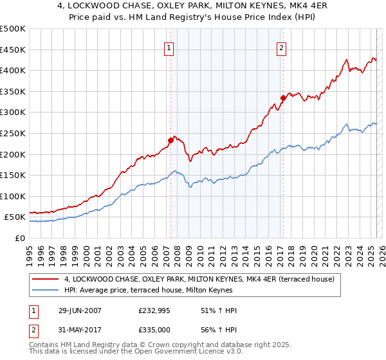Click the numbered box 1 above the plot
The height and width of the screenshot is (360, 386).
[169, 47]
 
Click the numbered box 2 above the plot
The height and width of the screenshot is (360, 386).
[282, 47]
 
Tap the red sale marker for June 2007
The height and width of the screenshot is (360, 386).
[171, 139]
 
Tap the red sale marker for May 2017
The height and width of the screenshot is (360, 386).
[283, 98]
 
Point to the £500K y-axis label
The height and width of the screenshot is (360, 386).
[13, 29]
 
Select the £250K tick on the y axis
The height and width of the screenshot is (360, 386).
[13, 133]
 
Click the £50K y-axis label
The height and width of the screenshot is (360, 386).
[15, 217]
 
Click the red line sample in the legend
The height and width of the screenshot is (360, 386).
[46, 280]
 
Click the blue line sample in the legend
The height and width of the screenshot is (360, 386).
[46, 290]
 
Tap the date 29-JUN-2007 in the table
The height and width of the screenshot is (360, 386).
[79, 310]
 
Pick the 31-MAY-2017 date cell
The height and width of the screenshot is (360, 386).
[79, 330]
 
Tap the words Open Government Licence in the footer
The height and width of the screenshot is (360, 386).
[162, 353]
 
